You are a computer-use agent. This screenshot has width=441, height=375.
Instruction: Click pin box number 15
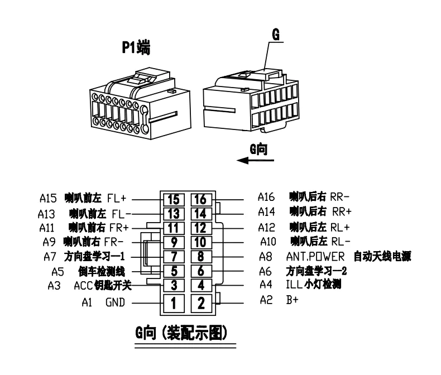click(x=173, y=198)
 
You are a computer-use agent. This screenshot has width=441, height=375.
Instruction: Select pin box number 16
click(x=200, y=198)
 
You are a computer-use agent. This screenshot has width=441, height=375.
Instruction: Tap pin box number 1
click(x=173, y=304)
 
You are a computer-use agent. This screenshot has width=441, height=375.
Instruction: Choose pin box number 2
click(x=200, y=304)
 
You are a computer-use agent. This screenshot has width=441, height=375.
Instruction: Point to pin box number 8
click(x=200, y=257)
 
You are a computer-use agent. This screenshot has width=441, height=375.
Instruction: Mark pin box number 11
click(x=173, y=228)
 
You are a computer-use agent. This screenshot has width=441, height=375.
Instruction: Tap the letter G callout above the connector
click(x=275, y=34)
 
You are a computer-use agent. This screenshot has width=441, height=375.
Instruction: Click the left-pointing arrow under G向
click(x=255, y=161)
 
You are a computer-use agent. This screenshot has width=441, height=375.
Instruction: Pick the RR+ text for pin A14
click(x=342, y=212)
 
